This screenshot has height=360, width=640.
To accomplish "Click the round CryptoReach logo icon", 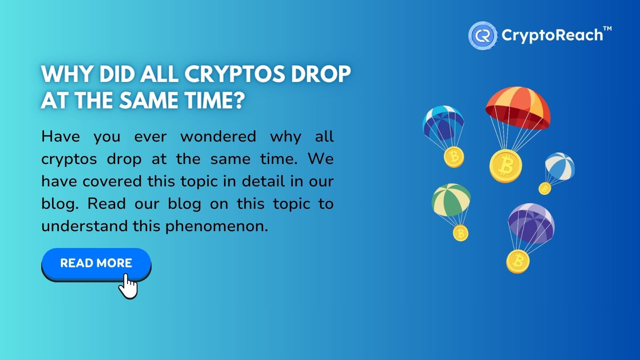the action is pyautogui.click(x=483, y=36).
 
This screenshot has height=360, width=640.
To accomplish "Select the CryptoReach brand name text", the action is pyautogui.click(x=552, y=36).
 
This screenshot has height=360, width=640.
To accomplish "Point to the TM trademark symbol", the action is pyautogui.click(x=608, y=29).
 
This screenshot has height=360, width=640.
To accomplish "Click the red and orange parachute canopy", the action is pyautogui.click(x=518, y=108).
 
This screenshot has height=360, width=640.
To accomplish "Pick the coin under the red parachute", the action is pyautogui.click(x=506, y=166).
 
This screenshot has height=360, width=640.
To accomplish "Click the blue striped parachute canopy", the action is pyautogui.click(x=443, y=122).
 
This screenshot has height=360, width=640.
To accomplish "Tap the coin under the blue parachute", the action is pyautogui.click(x=454, y=157).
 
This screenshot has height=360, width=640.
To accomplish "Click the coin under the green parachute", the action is pyautogui.click(x=460, y=233).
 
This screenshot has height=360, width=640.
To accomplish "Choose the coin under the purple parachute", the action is pyautogui.click(x=518, y=262).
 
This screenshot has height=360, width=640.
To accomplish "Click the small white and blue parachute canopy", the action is pyautogui.click(x=560, y=166).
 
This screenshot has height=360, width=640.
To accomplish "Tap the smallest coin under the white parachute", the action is pyautogui.click(x=545, y=188).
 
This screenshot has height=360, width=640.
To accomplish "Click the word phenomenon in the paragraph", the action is pyautogui.click(x=217, y=226).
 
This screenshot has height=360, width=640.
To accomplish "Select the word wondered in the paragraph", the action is pyautogui.click(x=218, y=136).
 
